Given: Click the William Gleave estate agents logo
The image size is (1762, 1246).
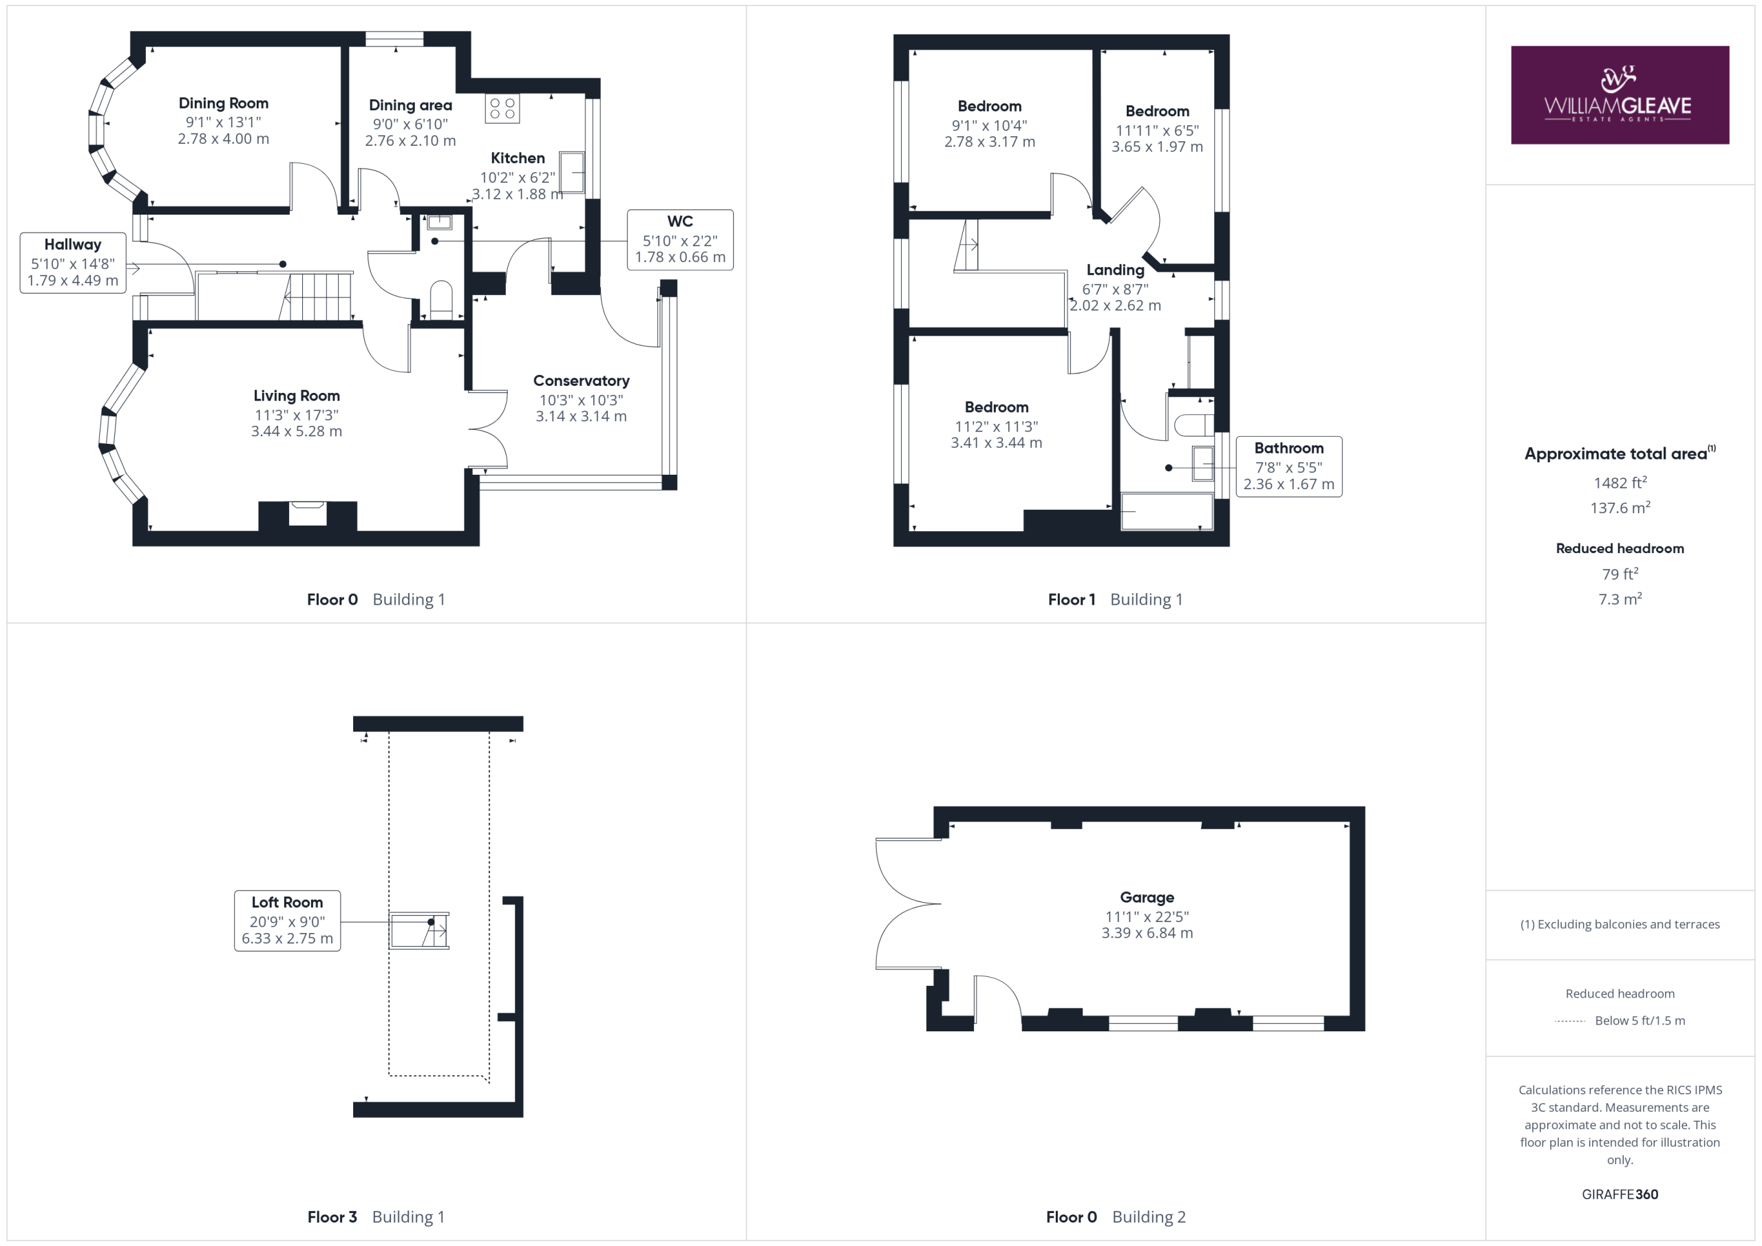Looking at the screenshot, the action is (1620, 95).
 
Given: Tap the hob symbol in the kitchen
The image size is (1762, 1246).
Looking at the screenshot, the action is (502, 109).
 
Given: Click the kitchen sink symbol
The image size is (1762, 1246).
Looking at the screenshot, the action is (572, 173).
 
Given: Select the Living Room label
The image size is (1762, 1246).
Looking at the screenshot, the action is (296, 396).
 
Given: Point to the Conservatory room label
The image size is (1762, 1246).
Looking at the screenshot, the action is (581, 380).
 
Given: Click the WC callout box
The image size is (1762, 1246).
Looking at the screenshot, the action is (680, 239).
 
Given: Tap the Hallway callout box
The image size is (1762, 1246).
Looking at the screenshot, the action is (73, 262).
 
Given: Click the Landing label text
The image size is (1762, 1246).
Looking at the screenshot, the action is (1115, 270).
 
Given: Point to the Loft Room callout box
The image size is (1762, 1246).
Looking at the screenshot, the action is (287, 921).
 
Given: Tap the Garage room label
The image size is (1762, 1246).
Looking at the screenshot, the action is (1147, 898).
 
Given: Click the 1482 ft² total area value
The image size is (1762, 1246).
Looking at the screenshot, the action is (1620, 482).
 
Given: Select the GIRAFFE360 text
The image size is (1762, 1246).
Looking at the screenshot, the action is (1620, 1194).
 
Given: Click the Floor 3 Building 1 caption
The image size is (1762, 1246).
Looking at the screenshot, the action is (376, 1217).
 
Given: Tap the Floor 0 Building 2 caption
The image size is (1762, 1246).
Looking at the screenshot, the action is (1116, 1217).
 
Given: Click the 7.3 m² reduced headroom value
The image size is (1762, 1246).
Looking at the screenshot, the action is (1620, 599).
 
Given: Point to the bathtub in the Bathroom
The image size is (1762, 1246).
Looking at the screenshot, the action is (1167, 512).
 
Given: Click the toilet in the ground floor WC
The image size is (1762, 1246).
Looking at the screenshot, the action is (441, 300).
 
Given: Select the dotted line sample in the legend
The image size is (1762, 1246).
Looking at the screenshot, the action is (1569, 1021).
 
